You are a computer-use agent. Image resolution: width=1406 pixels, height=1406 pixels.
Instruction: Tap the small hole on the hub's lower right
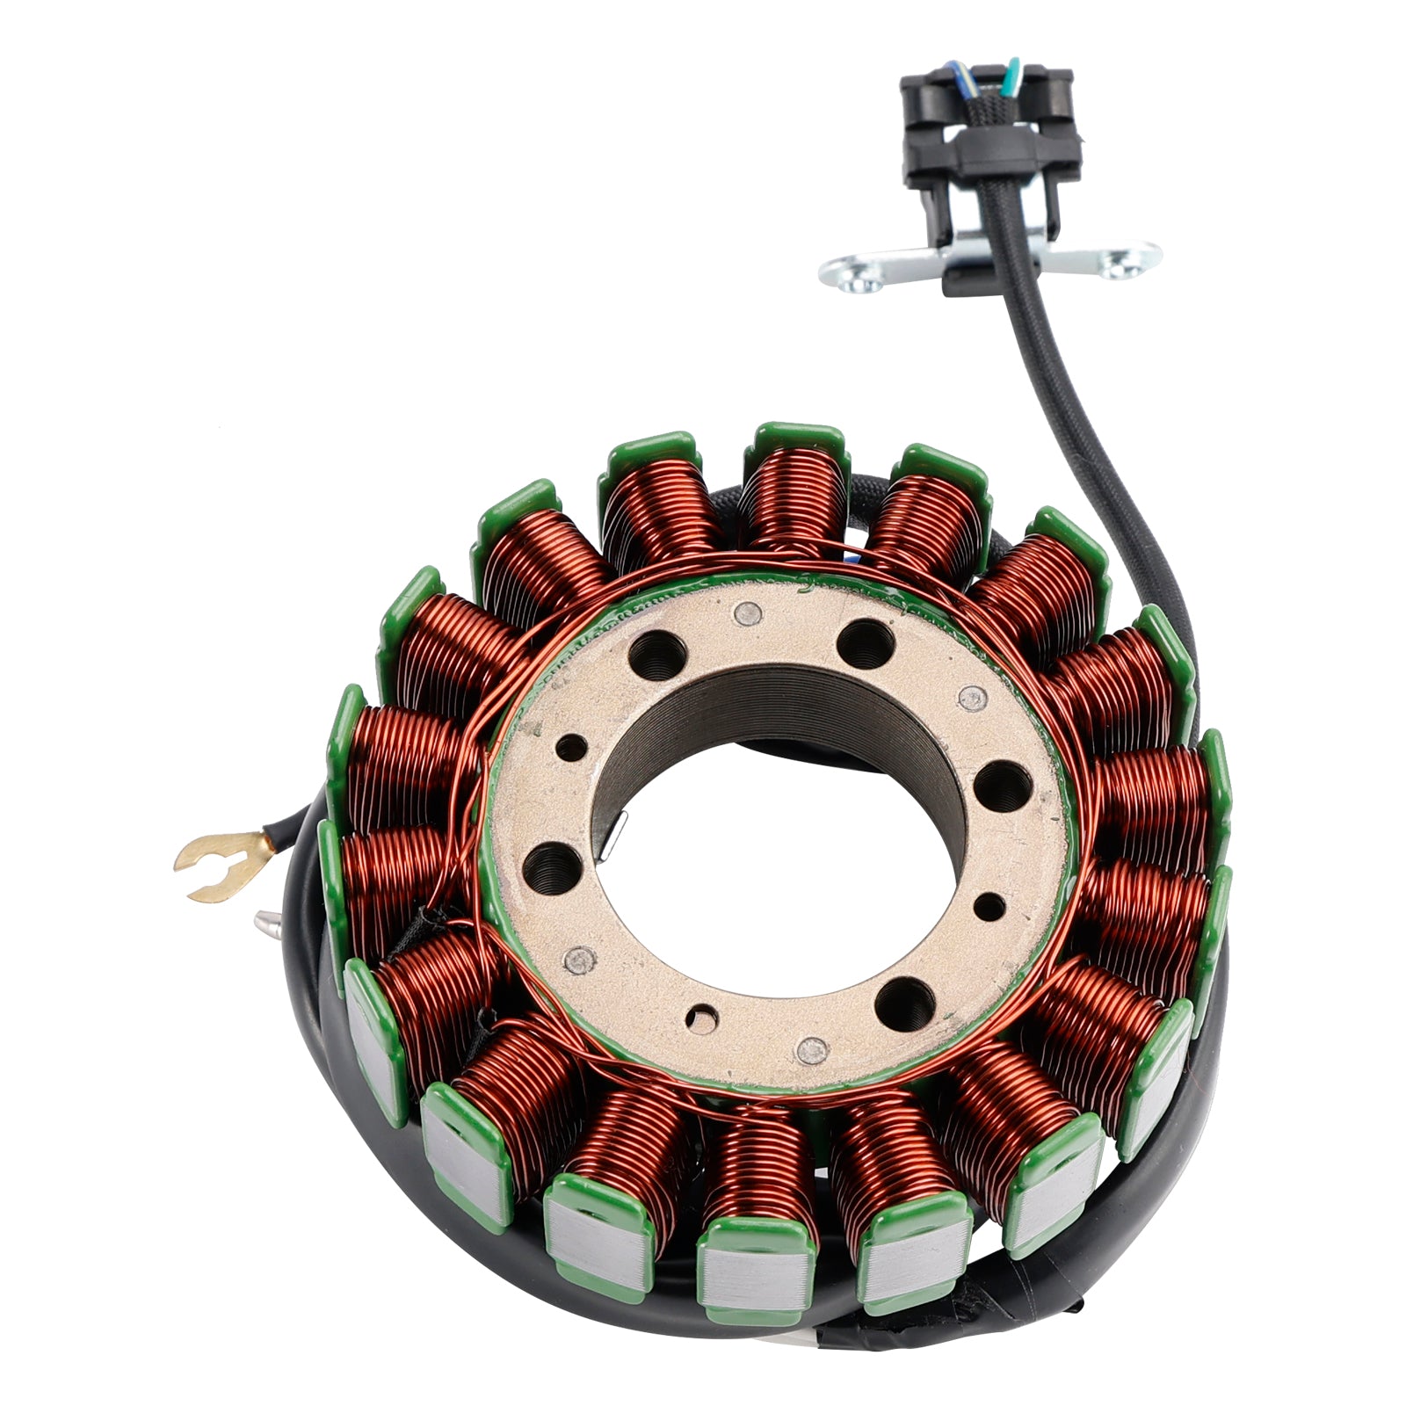tap(990, 905)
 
